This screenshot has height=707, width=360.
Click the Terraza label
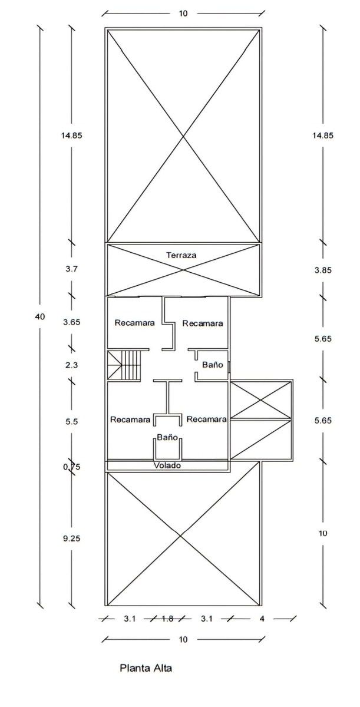(x=181, y=255)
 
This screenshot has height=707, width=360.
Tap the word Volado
(x=167, y=465)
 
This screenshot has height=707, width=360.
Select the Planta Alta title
(x=146, y=668)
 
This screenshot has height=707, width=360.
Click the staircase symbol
(x=124, y=365)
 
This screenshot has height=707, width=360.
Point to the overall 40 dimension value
(x=39, y=316)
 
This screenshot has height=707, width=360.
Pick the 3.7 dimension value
(x=72, y=269)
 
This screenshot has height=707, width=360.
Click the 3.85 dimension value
(x=323, y=270)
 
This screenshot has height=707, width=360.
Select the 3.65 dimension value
(x=72, y=322)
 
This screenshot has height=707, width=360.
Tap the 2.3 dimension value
(x=72, y=365)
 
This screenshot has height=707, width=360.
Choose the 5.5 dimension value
(x=72, y=421)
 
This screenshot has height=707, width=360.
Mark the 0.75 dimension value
(x=72, y=467)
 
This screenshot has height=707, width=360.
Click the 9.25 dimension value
(x=72, y=538)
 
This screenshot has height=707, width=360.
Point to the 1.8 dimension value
(x=167, y=619)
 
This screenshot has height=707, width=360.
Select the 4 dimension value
(x=262, y=619)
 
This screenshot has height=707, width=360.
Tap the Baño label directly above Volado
(x=167, y=437)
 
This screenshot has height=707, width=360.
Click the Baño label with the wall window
(x=213, y=365)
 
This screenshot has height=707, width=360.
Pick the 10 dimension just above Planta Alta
(x=183, y=640)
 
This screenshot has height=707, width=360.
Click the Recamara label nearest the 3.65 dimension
(x=135, y=323)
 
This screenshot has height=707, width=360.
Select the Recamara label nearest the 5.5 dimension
(x=130, y=419)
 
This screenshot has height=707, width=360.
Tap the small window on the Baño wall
(x=229, y=367)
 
